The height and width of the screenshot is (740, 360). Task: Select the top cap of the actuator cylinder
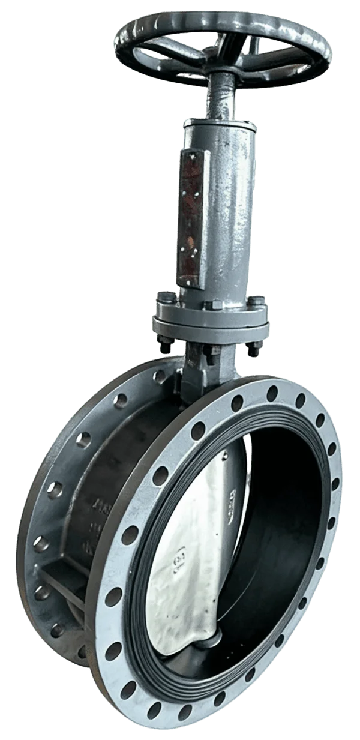tap(220, 125)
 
